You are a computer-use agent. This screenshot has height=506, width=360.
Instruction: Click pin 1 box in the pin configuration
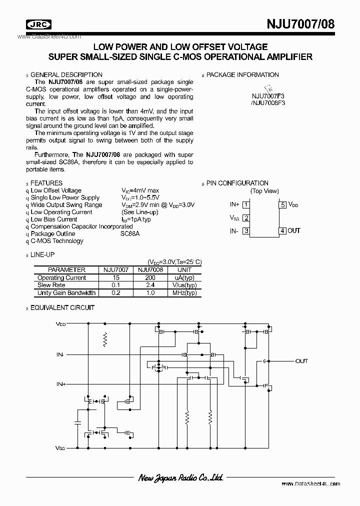pyautogui.click(x=246, y=204)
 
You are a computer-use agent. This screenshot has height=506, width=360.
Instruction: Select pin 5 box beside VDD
pyautogui.click(x=283, y=204)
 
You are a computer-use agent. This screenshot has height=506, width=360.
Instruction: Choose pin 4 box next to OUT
pyautogui.click(x=283, y=230)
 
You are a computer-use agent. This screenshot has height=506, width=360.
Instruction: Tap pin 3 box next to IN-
pyautogui.click(x=246, y=230)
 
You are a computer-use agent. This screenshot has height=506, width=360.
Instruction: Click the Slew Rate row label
pyautogui.click(x=51, y=285)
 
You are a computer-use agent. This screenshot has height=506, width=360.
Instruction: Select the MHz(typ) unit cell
pyautogui.click(x=184, y=292)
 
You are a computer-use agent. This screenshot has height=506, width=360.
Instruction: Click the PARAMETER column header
pyautogui.click(x=66, y=270)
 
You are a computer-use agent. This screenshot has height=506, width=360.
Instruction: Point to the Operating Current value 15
pyautogui.click(x=116, y=277)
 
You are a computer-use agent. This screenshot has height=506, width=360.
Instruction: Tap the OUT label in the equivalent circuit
pyautogui.click(x=301, y=361)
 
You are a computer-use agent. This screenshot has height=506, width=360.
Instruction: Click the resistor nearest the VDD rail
pyautogui.click(x=105, y=339)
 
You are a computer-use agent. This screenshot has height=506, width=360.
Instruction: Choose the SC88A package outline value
pyautogui.click(x=130, y=233)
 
